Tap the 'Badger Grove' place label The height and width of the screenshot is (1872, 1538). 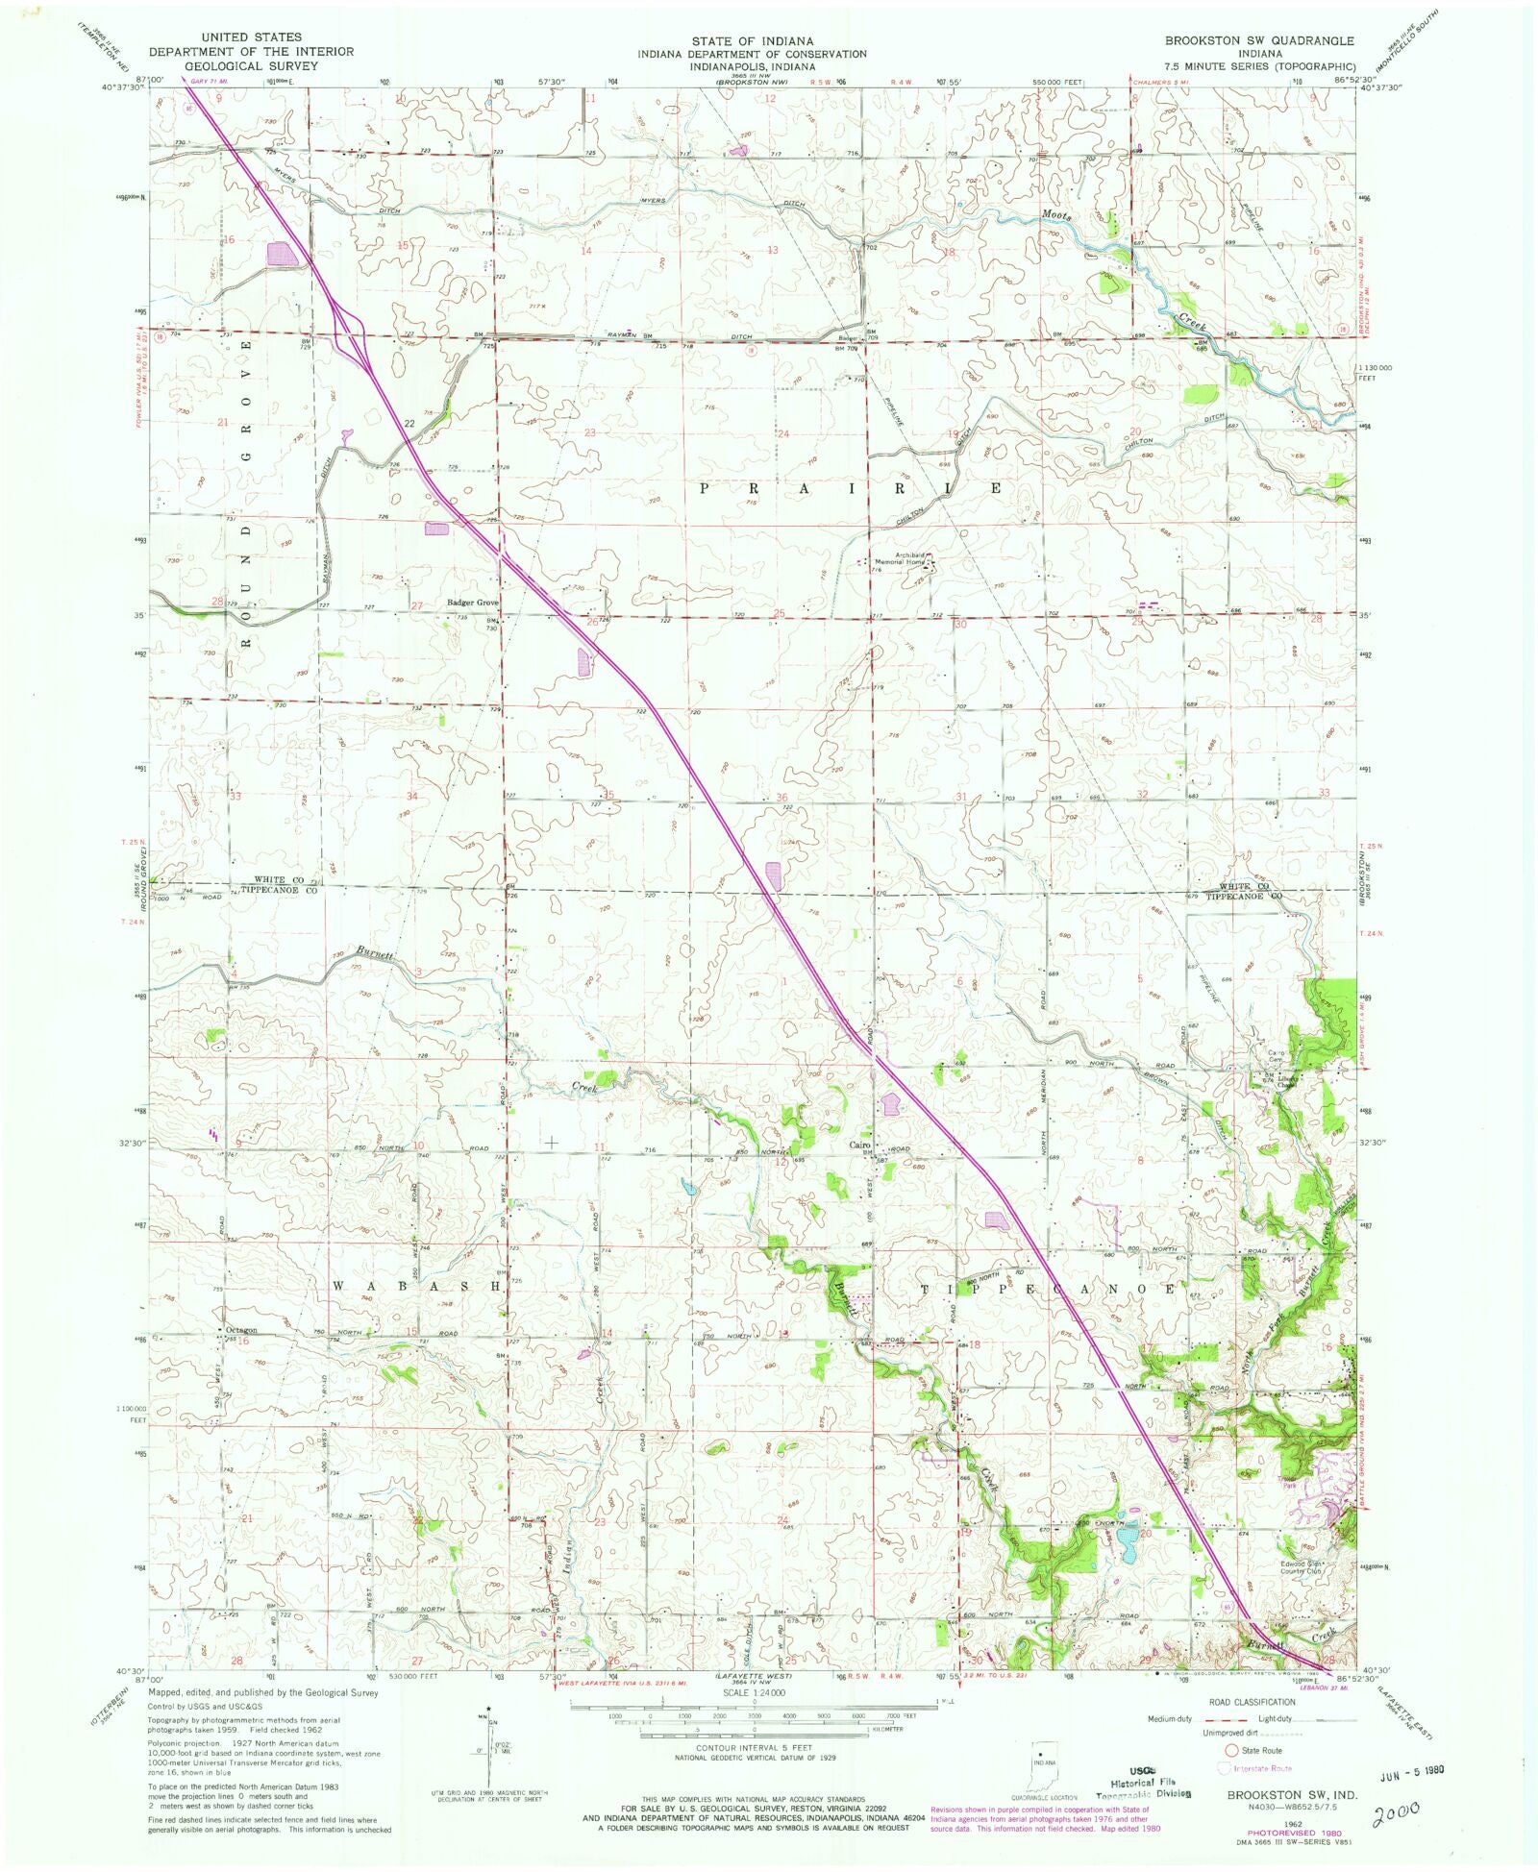coord(472,603)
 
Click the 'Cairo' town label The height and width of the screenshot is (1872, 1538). coord(858,1145)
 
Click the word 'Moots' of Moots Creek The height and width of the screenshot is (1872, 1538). coord(1054,215)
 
